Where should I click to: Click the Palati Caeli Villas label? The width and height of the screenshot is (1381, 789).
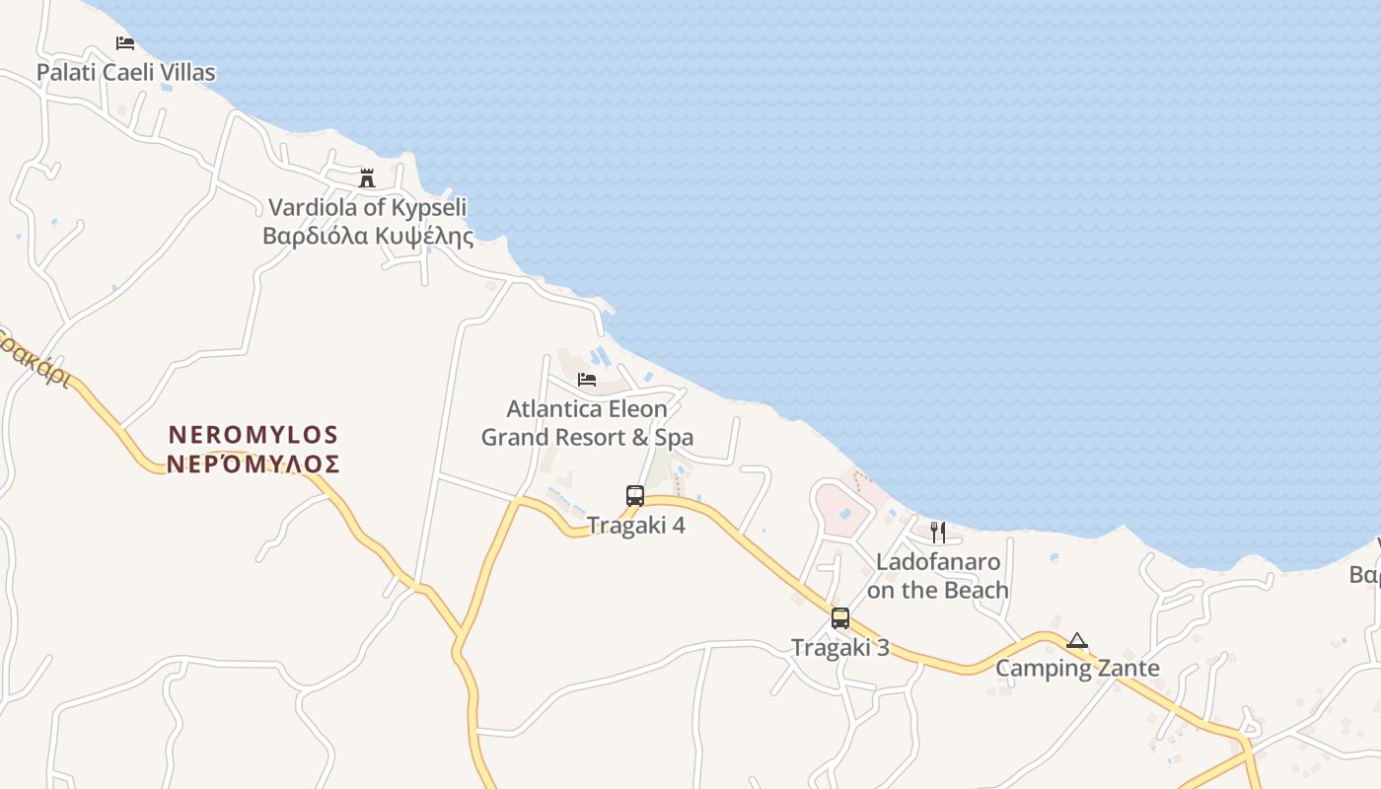click(125, 72)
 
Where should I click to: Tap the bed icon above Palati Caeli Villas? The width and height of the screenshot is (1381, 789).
click(125, 43)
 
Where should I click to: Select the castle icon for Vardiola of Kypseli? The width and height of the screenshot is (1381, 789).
click(367, 179)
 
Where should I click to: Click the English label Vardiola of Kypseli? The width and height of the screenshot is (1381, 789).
click(367, 208)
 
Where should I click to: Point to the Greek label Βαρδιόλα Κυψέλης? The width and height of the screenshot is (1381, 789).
click(367, 237)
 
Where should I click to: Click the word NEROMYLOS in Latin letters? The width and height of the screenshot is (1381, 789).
click(254, 435)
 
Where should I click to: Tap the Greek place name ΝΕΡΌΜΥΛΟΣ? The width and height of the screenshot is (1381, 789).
click(254, 465)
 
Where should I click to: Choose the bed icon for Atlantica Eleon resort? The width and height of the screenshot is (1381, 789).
click(587, 380)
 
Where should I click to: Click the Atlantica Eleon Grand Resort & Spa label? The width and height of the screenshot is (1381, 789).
click(587, 423)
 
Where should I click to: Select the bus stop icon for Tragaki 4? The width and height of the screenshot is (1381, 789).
click(635, 496)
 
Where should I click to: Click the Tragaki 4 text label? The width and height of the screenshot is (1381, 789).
click(636, 526)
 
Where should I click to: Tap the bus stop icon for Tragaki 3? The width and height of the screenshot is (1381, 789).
click(840, 618)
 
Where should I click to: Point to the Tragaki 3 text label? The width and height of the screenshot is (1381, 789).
click(840, 648)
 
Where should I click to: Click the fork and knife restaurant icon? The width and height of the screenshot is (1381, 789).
click(938, 533)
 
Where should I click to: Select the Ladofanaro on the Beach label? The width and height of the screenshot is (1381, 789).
click(938, 576)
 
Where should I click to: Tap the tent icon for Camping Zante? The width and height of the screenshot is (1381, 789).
click(1077, 641)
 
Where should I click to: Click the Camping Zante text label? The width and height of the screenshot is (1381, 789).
click(1077, 669)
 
